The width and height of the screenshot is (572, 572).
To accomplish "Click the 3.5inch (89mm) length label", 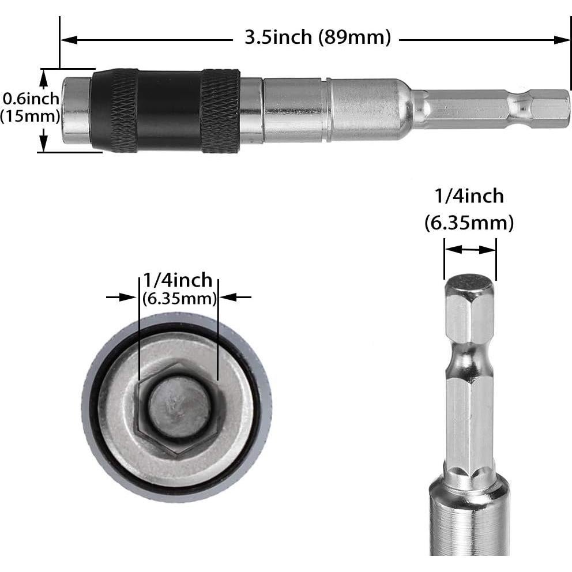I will click(x=318, y=38).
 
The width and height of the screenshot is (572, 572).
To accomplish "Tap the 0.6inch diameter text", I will click(x=31, y=99).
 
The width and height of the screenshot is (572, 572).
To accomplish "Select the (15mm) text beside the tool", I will click(x=30, y=116).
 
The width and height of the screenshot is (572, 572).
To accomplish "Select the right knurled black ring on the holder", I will click(x=220, y=111).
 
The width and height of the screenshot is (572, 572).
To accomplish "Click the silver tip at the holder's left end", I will click(x=77, y=111).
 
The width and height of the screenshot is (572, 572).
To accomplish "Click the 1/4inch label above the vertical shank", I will click(x=469, y=196).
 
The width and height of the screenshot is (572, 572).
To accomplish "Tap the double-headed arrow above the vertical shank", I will click(x=469, y=250).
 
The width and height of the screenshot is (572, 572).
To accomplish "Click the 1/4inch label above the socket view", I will click(x=178, y=281).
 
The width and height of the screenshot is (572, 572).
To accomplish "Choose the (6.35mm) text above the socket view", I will click(x=179, y=298).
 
